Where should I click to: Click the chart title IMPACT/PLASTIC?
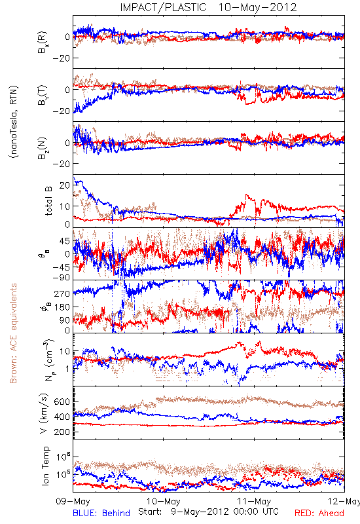[x=163, y=7]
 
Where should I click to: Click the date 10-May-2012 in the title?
[x=257, y=7]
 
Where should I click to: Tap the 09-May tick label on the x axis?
[x=73, y=501]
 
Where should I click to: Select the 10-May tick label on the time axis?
[x=163, y=501]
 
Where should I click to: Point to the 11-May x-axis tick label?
[x=254, y=501]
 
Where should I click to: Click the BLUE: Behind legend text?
[x=101, y=514]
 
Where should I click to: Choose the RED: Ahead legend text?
[x=319, y=514]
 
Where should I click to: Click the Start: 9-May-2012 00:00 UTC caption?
[x=208, y=512]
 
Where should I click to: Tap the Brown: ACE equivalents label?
[x=13, y=333]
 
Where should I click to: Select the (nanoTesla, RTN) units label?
[x=14, y=121]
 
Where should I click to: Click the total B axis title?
[x=48, y=201]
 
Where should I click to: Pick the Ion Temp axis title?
[x=45, y=466]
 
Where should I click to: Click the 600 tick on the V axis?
[x=62, y=402]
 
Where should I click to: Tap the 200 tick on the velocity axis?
[x=62, y=432]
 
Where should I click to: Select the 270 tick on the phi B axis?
[x=62, y=293]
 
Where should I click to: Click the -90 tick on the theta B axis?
[x=61, y=277]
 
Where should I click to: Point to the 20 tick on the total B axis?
[x=65, y=185]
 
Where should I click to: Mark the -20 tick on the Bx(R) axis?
[x=61, y=58]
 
